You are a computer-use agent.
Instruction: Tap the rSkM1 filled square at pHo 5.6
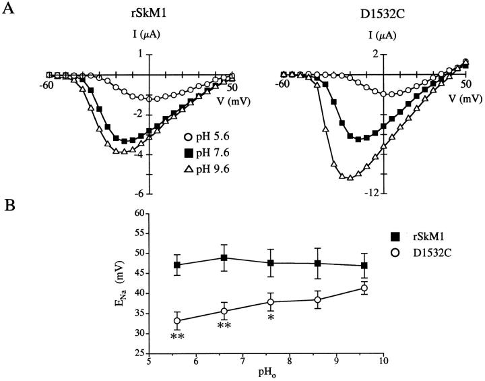177,265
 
